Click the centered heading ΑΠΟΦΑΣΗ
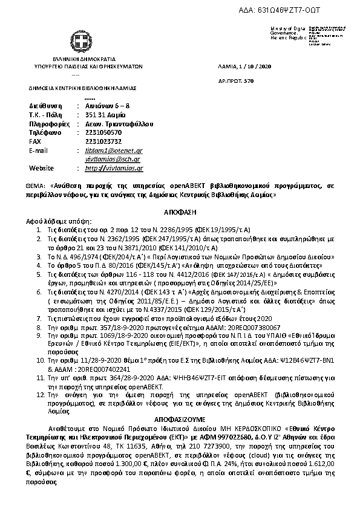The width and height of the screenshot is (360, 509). click(180, 213)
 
